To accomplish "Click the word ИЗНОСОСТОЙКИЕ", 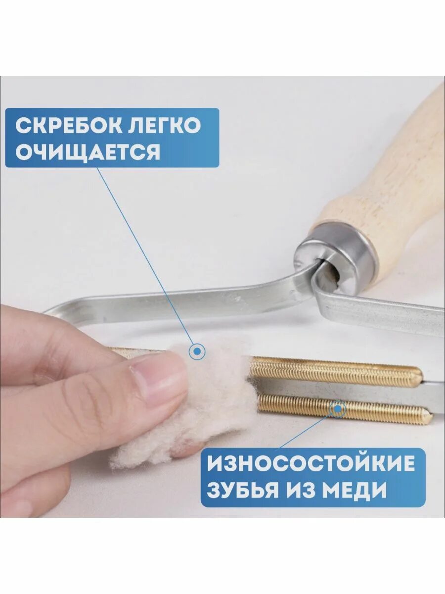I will coord(311,464).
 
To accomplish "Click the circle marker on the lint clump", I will coord(197,352).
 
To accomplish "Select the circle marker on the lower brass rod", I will coord(338,409).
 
